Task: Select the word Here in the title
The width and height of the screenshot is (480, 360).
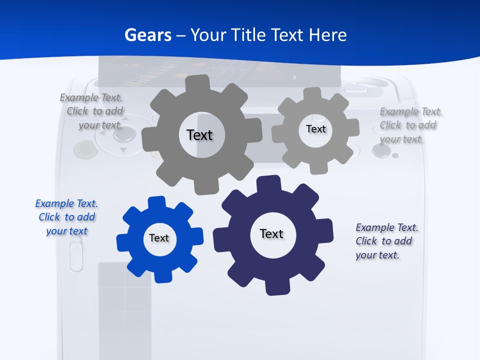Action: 327,35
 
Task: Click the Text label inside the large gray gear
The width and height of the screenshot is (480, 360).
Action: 199,135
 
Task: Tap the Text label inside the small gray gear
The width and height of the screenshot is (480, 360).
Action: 315,129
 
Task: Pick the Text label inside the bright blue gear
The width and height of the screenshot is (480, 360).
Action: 159,238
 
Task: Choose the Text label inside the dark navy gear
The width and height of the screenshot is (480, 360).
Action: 271,233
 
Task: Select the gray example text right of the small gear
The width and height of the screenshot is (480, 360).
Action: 410,125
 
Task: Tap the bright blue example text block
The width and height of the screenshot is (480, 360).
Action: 66,217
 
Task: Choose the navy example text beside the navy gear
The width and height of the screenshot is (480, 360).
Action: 386,241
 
